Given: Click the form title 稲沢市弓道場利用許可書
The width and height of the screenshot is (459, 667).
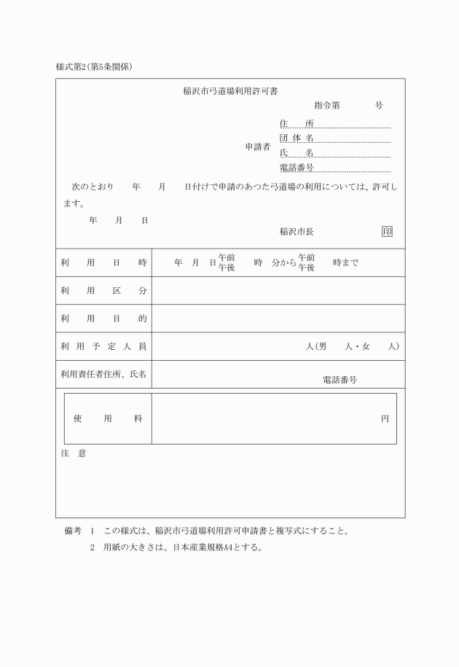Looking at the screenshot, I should pos(229,91).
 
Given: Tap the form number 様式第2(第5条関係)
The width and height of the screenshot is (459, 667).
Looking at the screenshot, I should pos(93,67).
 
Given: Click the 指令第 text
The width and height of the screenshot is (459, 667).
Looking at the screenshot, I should pos(326,105).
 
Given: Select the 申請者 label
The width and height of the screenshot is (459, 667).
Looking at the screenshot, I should pos(258,147).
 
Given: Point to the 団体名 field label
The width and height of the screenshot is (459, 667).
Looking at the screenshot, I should pos(297,138).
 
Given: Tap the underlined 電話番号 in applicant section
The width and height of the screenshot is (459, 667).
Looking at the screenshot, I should pos(297,168).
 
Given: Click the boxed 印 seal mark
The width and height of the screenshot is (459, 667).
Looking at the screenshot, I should pos(387,231).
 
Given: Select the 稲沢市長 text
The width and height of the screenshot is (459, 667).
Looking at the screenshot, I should pos(297,232).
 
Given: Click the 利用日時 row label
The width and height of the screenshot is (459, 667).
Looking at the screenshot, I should pos(104,262).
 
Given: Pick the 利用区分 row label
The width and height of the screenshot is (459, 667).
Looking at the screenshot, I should pos(104,290).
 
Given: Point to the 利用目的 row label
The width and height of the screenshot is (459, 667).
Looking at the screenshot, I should pos(104,319).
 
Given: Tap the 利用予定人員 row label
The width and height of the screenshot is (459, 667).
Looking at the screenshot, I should pos(104,346).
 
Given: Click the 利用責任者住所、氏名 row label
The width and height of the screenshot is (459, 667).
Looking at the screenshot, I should pos(104,374).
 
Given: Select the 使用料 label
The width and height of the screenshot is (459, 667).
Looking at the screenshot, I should pos(108,418).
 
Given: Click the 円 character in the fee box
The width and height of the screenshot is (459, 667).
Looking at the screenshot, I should pos(385,419).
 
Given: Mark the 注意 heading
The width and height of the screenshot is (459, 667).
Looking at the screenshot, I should pos(73,453).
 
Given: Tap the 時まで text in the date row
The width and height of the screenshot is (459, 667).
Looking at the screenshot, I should pos(345,263).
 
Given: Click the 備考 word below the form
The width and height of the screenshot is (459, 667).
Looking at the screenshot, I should pos(73,530).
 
